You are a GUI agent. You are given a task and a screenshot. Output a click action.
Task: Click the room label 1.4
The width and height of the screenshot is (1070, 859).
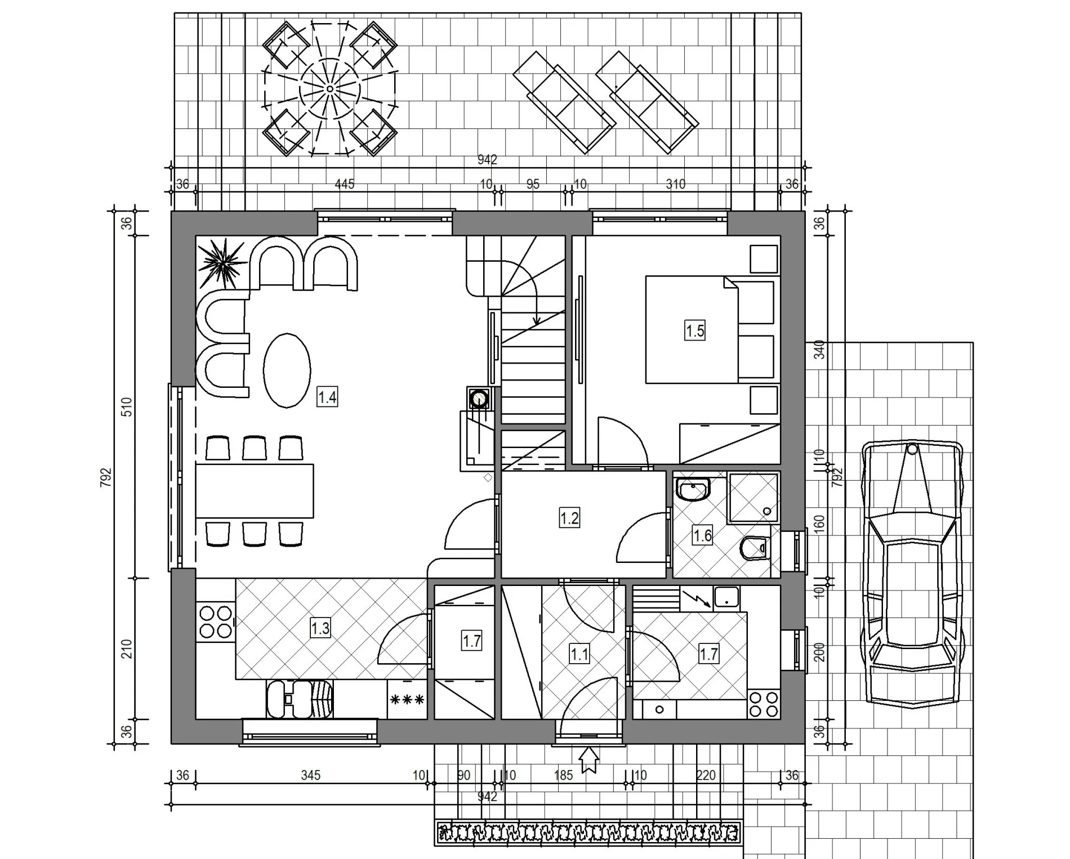327,397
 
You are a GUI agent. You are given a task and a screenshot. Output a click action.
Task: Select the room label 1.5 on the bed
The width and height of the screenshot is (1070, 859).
695,330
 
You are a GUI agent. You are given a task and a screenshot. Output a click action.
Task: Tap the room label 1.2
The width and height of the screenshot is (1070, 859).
569,518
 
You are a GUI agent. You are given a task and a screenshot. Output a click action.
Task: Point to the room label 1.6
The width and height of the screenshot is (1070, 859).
702,535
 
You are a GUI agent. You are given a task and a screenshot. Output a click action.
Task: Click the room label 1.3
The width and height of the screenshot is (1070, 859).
320,628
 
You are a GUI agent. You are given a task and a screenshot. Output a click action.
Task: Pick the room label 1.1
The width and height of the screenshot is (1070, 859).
579,654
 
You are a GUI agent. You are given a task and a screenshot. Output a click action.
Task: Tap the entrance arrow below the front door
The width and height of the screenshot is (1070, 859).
589,759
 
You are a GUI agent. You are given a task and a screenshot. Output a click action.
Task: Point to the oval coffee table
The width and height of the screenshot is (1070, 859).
287,370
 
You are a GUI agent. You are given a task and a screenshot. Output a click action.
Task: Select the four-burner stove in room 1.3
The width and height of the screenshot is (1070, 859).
216,621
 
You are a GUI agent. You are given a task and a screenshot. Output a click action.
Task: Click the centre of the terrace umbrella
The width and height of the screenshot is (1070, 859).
330,89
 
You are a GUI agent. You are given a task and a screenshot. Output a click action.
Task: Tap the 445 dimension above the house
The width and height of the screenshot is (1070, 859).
345,184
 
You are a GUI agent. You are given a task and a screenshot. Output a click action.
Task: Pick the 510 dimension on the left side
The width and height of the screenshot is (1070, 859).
127,406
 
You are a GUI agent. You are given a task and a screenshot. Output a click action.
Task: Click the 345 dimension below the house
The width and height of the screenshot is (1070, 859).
310,775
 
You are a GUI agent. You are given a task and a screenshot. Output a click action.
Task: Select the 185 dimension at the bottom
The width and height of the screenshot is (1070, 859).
563,775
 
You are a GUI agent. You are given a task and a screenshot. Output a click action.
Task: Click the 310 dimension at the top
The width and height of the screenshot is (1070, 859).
675,184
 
